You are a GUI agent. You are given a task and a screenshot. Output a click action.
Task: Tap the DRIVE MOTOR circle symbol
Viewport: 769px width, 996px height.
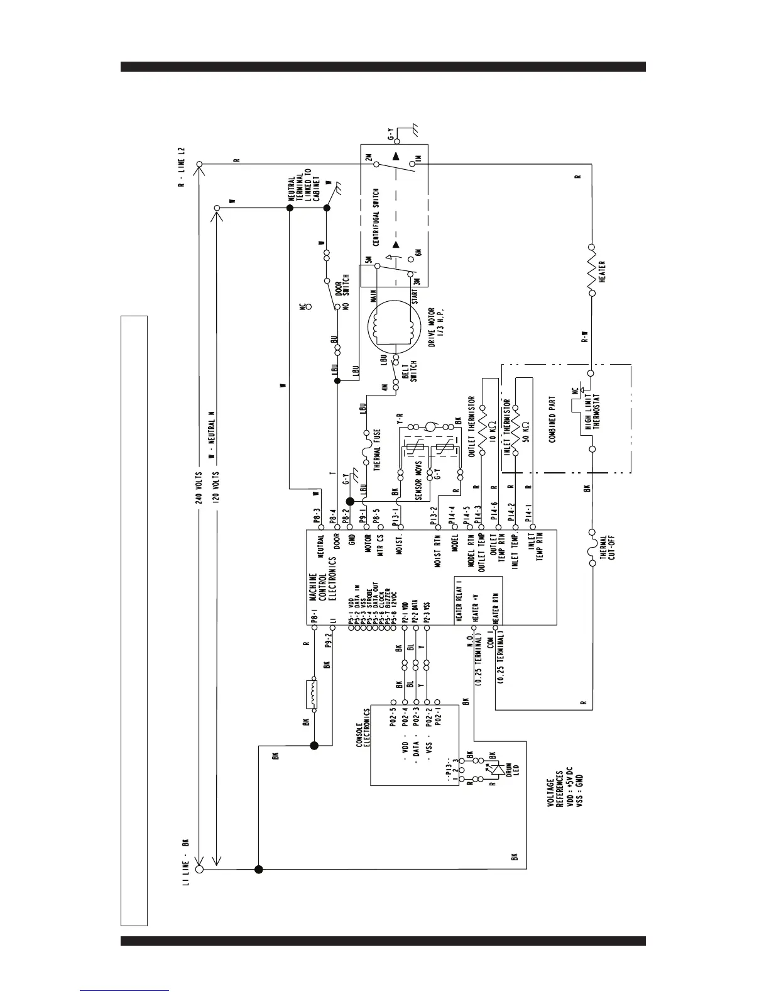[393, 328]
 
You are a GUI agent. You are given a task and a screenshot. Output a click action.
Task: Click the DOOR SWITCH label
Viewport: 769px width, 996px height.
[342, 285]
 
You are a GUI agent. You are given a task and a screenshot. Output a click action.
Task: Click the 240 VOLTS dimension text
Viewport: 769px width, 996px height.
[198, 488]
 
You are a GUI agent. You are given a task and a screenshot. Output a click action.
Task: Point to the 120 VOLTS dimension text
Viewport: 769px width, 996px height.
[217, 488]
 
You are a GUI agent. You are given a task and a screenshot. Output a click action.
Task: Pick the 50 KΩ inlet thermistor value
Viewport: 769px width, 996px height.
[526, 434]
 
